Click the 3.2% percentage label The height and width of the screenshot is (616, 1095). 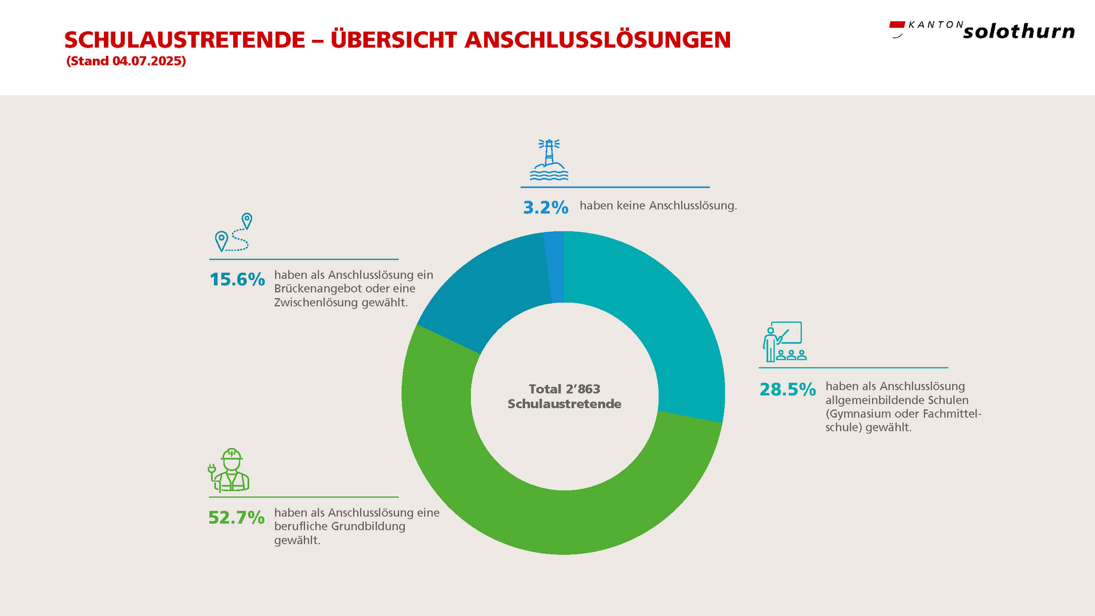[545, 207]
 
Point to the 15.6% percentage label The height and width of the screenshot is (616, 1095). [237, 279]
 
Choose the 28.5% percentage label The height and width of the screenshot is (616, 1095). [787, 390]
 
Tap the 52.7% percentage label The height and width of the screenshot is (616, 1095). [236, 517]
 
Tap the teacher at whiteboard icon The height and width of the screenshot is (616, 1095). [784, 341]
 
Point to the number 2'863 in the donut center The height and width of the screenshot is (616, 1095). [583, 389]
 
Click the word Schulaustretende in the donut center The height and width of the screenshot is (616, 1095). [564, 404]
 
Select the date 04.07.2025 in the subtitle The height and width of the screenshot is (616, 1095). [147, 61]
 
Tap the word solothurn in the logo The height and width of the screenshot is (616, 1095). [1019, 31]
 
